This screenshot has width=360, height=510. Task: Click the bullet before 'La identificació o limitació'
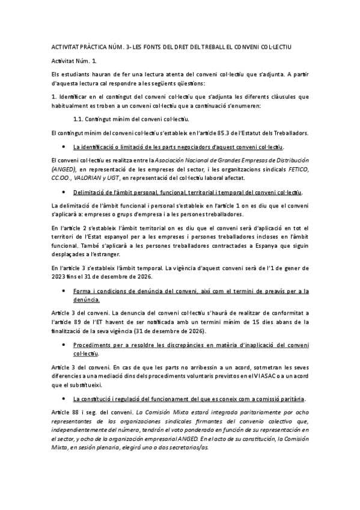pos(64,147)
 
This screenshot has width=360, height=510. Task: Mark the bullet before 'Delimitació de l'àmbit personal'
pos(64,192)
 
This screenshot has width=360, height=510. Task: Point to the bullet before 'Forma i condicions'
pos(64,290)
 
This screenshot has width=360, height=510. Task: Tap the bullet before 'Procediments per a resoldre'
pos(64,345)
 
